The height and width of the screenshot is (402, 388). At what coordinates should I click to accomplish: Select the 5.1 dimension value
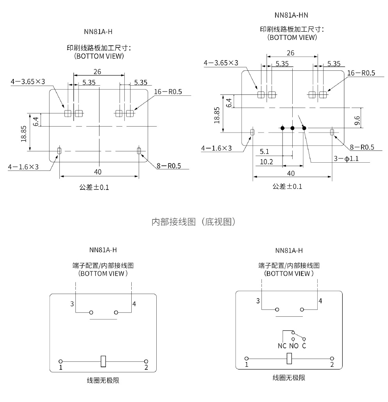click(x=264, y=151)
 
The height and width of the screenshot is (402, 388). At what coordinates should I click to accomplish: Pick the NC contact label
click(x=282, y=346)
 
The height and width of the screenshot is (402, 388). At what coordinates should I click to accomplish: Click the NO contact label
click(x=293, y=346)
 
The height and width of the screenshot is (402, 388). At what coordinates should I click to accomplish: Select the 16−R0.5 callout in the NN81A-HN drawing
click(x=361, y=73)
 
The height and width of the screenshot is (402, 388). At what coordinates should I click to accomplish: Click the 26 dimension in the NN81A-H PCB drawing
click(x=98, y=72)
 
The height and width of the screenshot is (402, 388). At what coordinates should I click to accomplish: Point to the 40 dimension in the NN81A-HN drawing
click(x=291, y=173)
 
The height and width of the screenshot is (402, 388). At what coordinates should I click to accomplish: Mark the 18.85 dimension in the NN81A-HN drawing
click(x=217, y=114)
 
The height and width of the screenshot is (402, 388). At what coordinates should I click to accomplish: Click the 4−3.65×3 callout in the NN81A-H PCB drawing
click(x=28, y=81)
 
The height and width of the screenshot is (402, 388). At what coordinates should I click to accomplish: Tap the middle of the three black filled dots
click(x=292, y=128)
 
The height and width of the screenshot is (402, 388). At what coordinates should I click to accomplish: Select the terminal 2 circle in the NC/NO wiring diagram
click(x=332, y=359)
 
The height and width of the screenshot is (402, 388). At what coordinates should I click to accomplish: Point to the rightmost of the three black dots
click(x=304, y=128)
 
